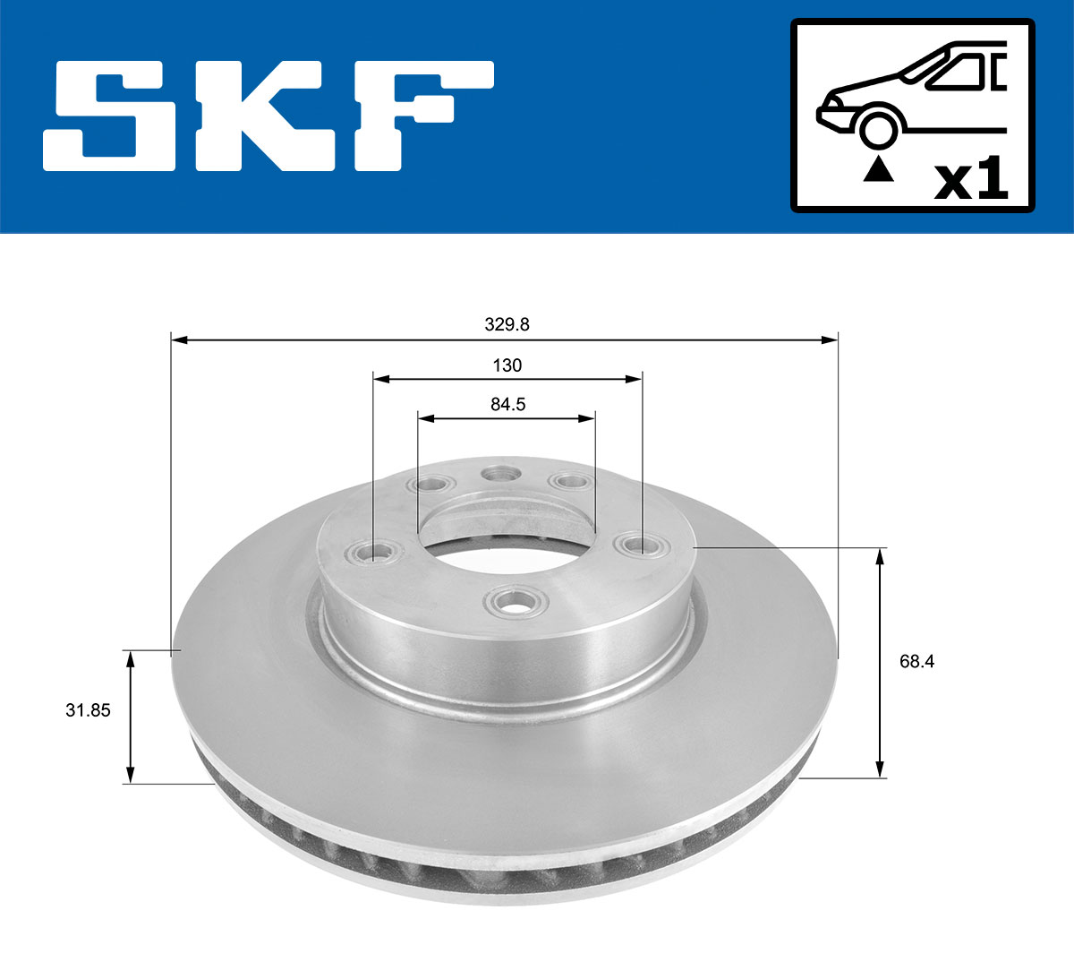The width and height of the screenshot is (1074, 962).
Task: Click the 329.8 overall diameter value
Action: pos(507,324)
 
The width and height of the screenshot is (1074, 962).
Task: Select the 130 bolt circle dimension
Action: pos(507,365)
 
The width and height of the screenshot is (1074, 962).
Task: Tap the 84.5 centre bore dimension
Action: pos(507,405)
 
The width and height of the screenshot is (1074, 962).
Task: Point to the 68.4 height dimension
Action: pos(916,662)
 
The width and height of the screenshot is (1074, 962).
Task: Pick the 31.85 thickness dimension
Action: pos(88,710)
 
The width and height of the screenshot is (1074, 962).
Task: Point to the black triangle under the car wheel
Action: pos(879,168)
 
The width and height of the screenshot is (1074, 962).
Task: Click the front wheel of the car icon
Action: pos(878,129)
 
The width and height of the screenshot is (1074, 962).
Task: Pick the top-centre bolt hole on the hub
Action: pos(500,474)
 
